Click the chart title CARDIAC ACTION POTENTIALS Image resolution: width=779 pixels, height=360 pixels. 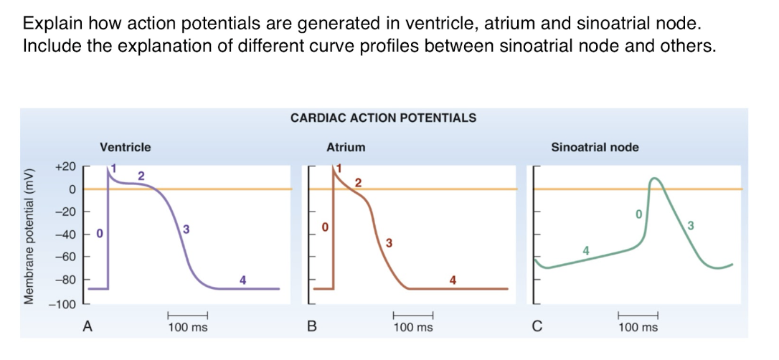383,118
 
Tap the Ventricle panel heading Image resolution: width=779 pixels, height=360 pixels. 126,147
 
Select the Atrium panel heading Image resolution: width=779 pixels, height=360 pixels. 346,147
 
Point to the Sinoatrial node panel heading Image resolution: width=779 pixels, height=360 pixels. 595,147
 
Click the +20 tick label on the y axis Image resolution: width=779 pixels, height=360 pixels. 65,166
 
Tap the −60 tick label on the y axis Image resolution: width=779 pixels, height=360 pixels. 65,257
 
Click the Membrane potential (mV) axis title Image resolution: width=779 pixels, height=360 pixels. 30,236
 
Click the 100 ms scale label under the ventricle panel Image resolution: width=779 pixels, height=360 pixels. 188,328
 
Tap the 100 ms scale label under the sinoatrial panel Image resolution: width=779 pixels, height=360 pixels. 638,328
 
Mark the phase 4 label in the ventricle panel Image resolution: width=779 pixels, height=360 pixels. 242,280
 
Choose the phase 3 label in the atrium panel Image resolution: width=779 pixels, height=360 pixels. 389,242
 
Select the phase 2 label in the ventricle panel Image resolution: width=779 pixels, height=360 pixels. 141,175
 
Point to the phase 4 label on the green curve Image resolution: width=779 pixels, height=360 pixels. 586,250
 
